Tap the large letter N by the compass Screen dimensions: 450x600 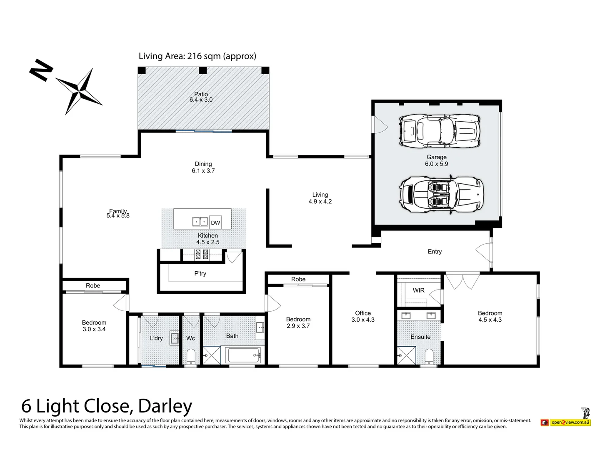point(41,71)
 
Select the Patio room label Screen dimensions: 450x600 point(201,95)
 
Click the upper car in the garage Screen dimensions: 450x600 point(440,131)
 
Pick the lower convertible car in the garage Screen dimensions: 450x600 point(441,194)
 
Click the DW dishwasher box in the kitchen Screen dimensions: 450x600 point(215,222)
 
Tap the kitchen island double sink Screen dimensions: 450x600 point(200,222)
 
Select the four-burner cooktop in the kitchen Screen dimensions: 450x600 point(202,254)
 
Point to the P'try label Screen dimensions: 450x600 point(200,274)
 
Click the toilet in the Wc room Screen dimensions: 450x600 point(191,357)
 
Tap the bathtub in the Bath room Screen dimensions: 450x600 point(243,355)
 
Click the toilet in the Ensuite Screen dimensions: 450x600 point(429,357)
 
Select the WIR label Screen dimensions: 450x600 point(418,290)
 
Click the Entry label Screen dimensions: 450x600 point(435,252)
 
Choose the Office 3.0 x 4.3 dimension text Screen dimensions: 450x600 point(363,320)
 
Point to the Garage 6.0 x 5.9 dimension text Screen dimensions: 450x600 point(436,164)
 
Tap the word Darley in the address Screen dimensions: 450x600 point(165,406)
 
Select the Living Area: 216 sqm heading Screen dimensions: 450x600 point(197,56)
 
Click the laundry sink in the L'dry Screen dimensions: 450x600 point(175,338)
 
